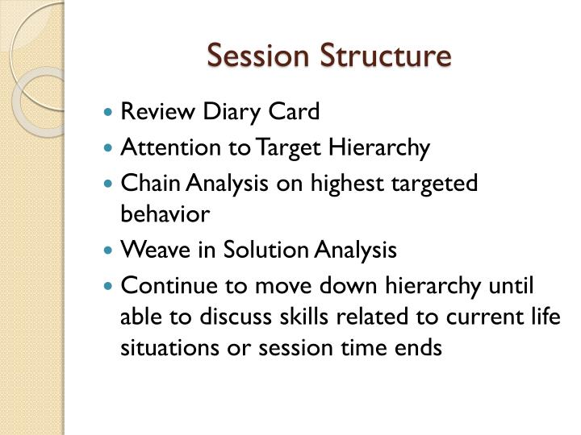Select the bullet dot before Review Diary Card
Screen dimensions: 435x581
(111, 113)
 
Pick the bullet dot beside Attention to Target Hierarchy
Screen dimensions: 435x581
(111, 149)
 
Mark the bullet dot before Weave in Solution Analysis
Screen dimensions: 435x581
(111, 251)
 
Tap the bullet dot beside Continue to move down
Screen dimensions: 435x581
(111, 285)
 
